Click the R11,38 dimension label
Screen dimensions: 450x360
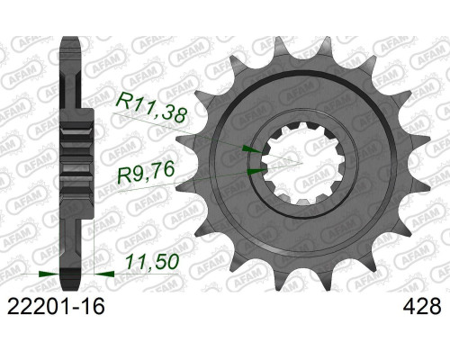[151, 108]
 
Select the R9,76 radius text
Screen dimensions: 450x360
[146, 172]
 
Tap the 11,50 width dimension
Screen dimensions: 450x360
[152, 262]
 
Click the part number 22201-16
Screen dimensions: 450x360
[56, 306]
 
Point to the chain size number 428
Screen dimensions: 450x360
[423, 306]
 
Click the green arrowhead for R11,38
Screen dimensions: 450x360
[251, 149]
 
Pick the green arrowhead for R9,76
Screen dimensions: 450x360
[256, 171]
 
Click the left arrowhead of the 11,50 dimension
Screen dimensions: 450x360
[49, 274]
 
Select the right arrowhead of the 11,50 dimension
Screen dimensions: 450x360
[104, 274]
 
